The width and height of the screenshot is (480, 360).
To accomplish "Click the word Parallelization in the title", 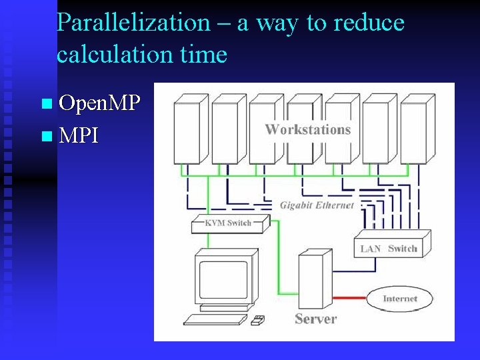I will tap(133, 23).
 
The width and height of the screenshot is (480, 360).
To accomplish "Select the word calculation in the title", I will tap(107, 54).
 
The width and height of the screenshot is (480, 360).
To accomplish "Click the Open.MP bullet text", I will tap(99, 103).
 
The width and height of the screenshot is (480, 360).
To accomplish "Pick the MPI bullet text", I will tap(79, 136).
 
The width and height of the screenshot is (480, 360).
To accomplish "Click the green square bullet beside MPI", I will tap(45, 137).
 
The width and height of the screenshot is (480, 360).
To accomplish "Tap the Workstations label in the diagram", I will tap(308, 129).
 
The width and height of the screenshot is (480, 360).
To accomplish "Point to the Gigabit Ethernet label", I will tap(317, 205).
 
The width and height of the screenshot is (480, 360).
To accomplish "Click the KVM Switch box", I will tap(228, 223).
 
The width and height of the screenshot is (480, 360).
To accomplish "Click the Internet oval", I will tap(399, 299).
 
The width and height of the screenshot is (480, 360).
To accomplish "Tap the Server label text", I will tap(315, 319).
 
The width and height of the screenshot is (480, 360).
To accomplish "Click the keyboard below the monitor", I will tap(215, 319).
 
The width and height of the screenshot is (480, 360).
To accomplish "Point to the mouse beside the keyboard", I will tap(257, 321).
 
